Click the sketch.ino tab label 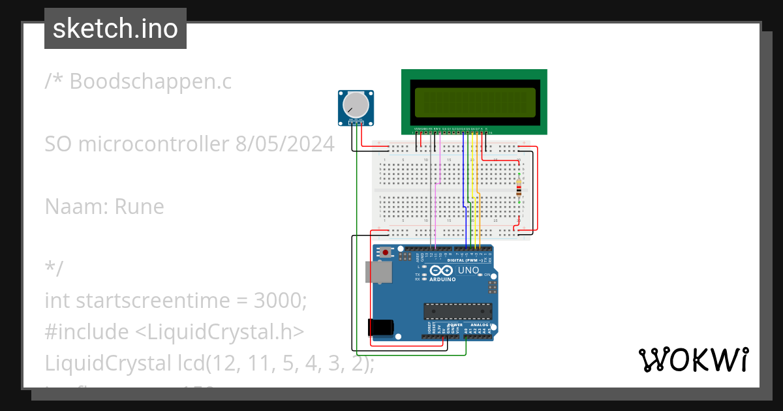pyautogui.click(x=115, y=29)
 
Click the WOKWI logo pyautogui.click(x=693, y=359)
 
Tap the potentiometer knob pyautogui.click(x=356, y=104)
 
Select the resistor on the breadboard pyautogui.click(x=519, y=188)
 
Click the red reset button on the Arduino pyautogui.click(x=386, y=252)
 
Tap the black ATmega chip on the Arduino pyautogui.click(x=457, y=312)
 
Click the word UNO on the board pyautogui.click(x=468, y=270)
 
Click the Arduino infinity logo pyautogui.click(x=441, y=270)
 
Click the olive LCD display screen pyautogui.click(x=474, y=103)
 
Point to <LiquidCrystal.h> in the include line pyautogui.click(x=219, y=332)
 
